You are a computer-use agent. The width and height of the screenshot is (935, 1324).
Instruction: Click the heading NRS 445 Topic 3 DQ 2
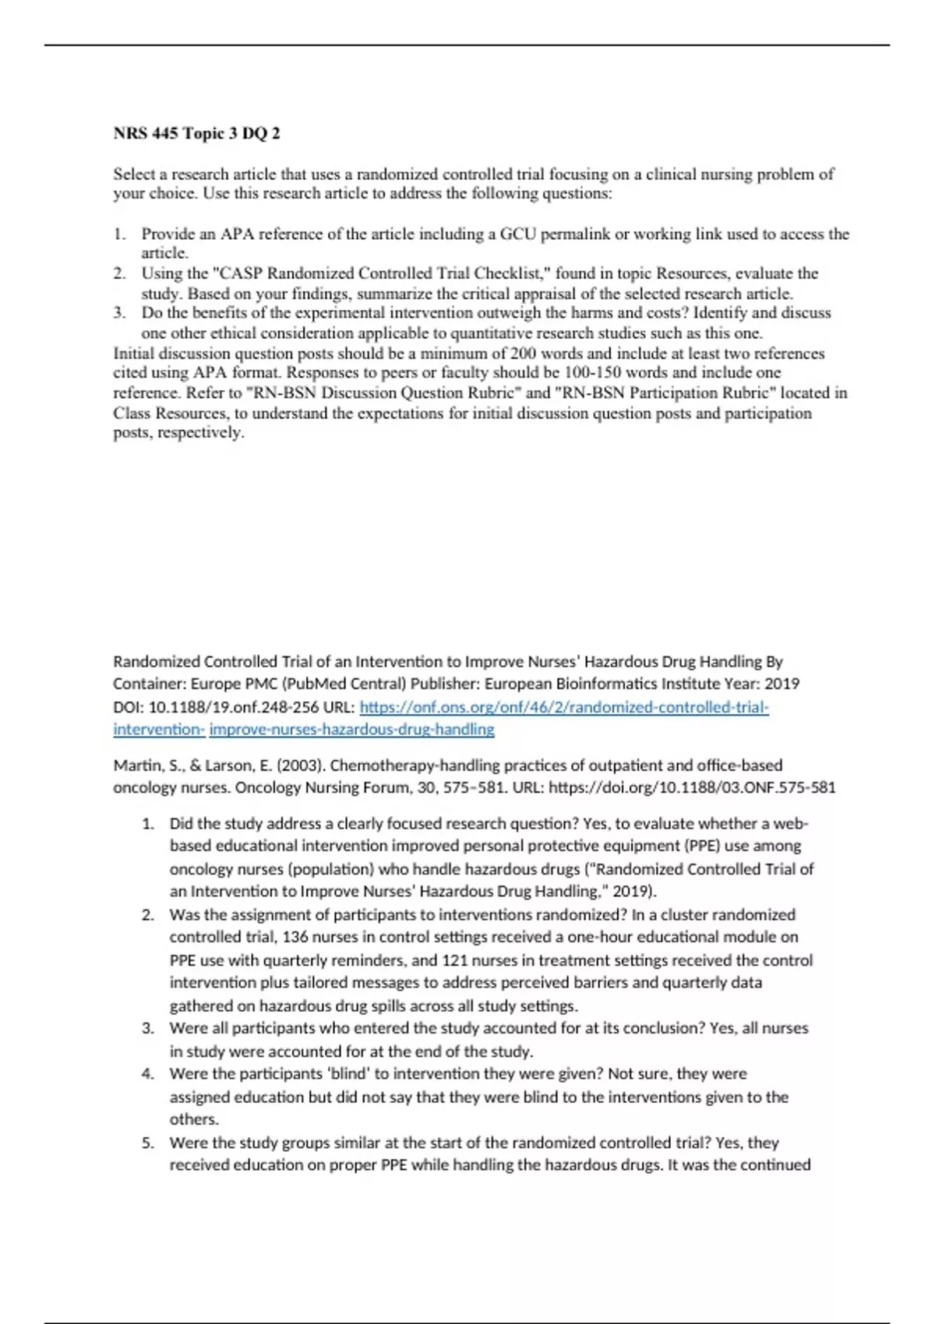click(x=196, y=133)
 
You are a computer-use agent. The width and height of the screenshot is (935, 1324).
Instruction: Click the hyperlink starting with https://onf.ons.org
click(x=563, y=707)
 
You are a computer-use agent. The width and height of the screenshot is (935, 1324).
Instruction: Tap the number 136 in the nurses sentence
click(x=297, y=937)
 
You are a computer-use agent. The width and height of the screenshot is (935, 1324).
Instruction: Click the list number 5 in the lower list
click(x=147, y=1143)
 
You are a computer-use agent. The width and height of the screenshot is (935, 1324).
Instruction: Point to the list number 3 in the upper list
click(x=118, y=313)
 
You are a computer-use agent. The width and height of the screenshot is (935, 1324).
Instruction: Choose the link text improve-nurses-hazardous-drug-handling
click(x=351, y=730)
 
